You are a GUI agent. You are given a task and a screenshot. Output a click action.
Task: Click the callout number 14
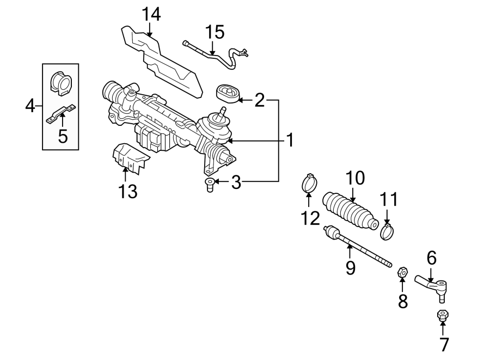click(151, 14)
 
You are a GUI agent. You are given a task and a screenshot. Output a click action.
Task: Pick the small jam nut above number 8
click(402, 270)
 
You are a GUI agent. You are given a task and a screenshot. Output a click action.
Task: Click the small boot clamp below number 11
click(388, 231)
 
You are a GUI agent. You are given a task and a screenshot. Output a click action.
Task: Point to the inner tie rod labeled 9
click(357, 248)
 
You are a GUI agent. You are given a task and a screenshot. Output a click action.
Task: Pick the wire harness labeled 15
click(218, 54)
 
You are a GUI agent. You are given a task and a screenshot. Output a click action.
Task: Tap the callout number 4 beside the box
click(30, 105)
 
